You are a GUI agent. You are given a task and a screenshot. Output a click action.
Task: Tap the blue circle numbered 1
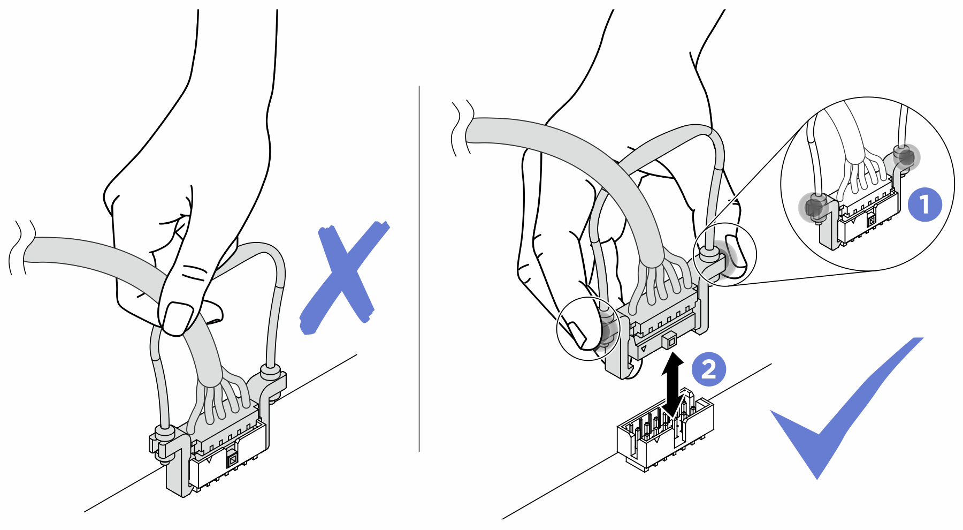point(925,204)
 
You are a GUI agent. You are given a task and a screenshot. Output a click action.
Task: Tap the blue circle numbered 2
point(708,369)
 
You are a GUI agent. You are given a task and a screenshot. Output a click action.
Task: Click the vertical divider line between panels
point(419,268)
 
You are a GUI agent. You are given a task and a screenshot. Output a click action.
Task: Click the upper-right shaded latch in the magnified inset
point(906,157)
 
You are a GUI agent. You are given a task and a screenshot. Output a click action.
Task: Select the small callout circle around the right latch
point(725,254)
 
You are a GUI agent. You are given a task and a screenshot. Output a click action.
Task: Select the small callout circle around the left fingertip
point(588,328)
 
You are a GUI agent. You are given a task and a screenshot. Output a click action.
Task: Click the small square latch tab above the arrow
point(669,340)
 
